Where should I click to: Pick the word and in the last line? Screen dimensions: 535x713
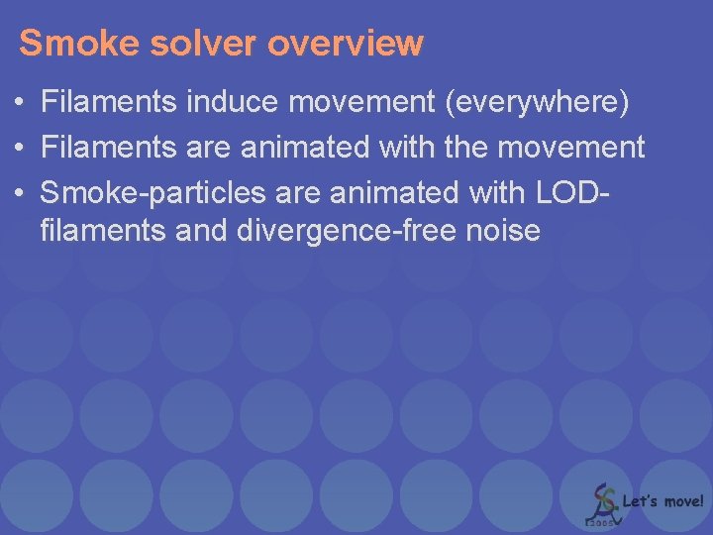coord(205,232)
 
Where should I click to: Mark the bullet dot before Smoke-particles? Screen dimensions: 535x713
coord(20,190)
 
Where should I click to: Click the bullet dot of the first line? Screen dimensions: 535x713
coord(20,102)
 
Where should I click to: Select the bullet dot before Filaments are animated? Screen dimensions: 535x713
coord(20,148)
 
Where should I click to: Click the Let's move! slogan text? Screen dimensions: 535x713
coord(662,501)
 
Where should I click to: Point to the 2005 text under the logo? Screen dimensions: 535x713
coord(601,520)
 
